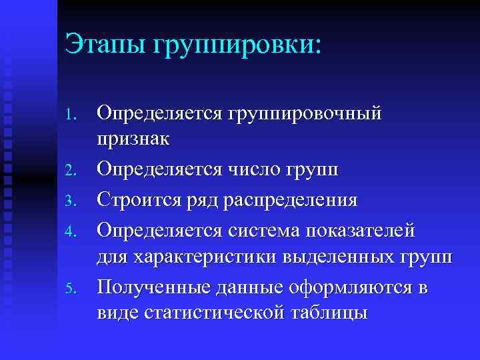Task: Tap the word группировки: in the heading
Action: (238, 47)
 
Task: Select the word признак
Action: (133, 141)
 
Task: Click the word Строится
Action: (137, 200)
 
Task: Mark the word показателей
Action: (361, 229)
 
